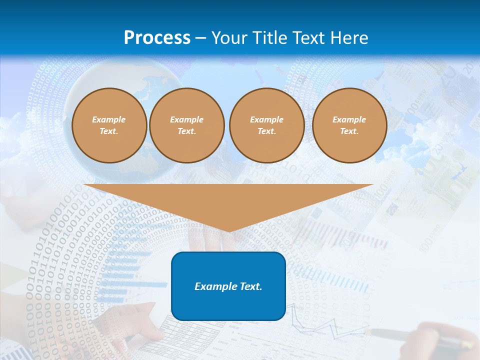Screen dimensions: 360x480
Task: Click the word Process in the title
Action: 157,37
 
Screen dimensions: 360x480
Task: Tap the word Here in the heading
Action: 349,37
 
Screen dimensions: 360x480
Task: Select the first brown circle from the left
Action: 109,125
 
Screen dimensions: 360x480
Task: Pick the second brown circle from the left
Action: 186,125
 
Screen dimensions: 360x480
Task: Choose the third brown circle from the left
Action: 266,125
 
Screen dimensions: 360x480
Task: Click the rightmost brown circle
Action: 349,125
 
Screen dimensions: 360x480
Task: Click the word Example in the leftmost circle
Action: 109,119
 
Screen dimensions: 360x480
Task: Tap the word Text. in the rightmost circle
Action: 349,131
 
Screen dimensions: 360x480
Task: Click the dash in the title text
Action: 201,38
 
